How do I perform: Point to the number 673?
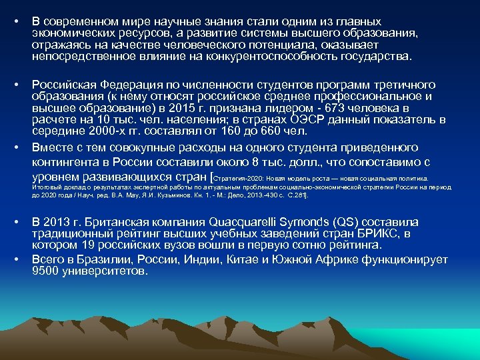click(x=319, y=107)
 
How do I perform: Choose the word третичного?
click(x=399, y=85)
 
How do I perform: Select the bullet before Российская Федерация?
click(x=15, y=85)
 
